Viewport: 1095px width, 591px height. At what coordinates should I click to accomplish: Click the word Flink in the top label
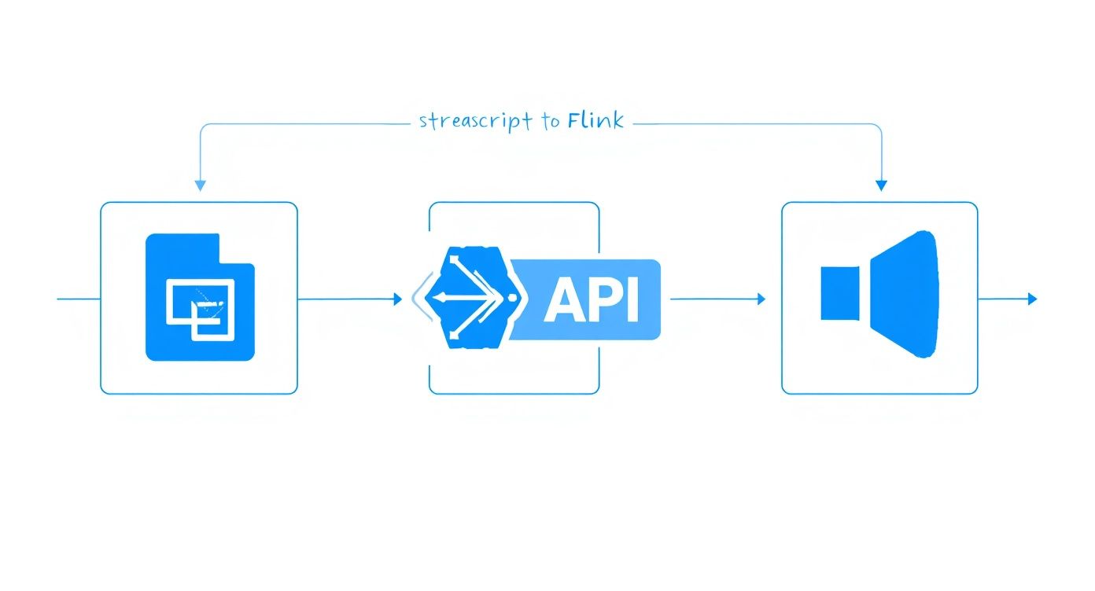click(595, 120)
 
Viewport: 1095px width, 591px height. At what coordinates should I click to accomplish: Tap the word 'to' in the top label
click(551, 122)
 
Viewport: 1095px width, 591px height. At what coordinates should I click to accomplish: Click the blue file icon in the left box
click(201, 297)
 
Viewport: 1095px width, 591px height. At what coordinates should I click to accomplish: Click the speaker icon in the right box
click(879, 295)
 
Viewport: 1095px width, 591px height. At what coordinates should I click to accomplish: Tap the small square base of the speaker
click(840, 294)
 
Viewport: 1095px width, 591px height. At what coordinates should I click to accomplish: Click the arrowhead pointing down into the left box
click(200, 185)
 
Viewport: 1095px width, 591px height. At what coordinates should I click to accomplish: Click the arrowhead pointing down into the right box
click(881, 185)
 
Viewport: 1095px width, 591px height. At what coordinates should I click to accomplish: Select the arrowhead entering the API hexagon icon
click(397, 299)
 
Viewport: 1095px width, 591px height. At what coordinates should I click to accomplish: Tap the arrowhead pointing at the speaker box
click(761, 299)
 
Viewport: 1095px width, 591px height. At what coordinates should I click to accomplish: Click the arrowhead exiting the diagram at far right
click(1033, 299)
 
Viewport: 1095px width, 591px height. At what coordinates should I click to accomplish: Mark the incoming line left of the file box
click(79, 299)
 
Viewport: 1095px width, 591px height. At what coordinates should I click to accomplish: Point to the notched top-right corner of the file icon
click(236, 248)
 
